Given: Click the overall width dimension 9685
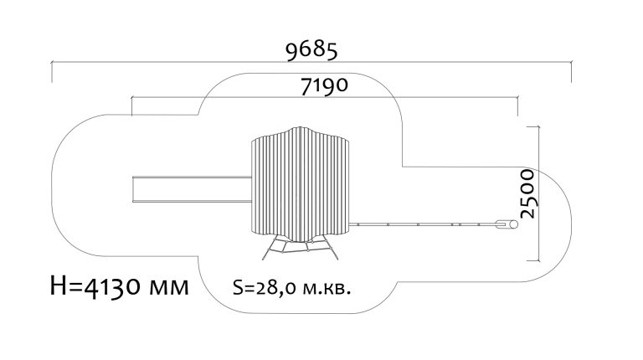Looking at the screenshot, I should click(311, 51).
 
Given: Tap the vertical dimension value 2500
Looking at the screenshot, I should click(526, 193).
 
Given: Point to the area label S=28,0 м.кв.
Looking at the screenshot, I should click(291, 288).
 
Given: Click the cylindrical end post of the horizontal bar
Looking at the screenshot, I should click(505, 224).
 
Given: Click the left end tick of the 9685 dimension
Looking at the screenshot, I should click(52, 72).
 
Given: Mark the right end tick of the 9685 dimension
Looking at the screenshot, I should click(571, 72).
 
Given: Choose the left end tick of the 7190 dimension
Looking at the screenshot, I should click(131, 105).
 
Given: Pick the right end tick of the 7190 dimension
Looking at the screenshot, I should click(517, 105).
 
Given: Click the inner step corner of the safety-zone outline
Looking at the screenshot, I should click(404, 165).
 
